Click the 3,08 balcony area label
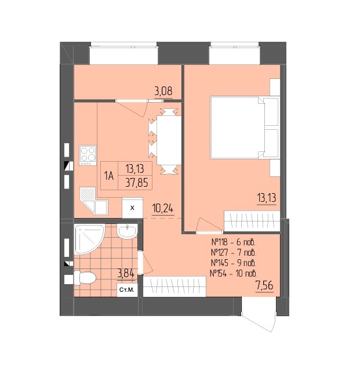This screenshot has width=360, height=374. coord(163,91)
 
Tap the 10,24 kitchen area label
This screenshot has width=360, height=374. coord(163,209)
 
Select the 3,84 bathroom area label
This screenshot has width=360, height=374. coord(126,273)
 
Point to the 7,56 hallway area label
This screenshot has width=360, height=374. coord(264,285)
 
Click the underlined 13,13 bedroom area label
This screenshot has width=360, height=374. coord(266,198)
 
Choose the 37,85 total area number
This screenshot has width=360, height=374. coord(137,183)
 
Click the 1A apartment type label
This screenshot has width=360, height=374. coord(108,176)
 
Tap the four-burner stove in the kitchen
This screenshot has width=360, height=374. coord(88,155)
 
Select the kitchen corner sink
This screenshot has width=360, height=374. coord(93,201)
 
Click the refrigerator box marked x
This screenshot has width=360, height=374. coord(133,208)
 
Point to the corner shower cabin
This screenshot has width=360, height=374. coord(89,238)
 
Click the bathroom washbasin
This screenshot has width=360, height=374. coord(128,231)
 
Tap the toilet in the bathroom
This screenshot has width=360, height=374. coord(85,278)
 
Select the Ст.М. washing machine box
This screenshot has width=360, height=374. coord(127,290)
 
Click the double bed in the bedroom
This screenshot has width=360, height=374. coord(245,128)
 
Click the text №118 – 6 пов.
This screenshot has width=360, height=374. coord(234,242)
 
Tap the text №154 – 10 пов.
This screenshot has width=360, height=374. coord(234,273)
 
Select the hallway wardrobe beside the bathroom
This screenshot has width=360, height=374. coord(174,286)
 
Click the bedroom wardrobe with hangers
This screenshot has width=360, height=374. coord(252,221)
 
